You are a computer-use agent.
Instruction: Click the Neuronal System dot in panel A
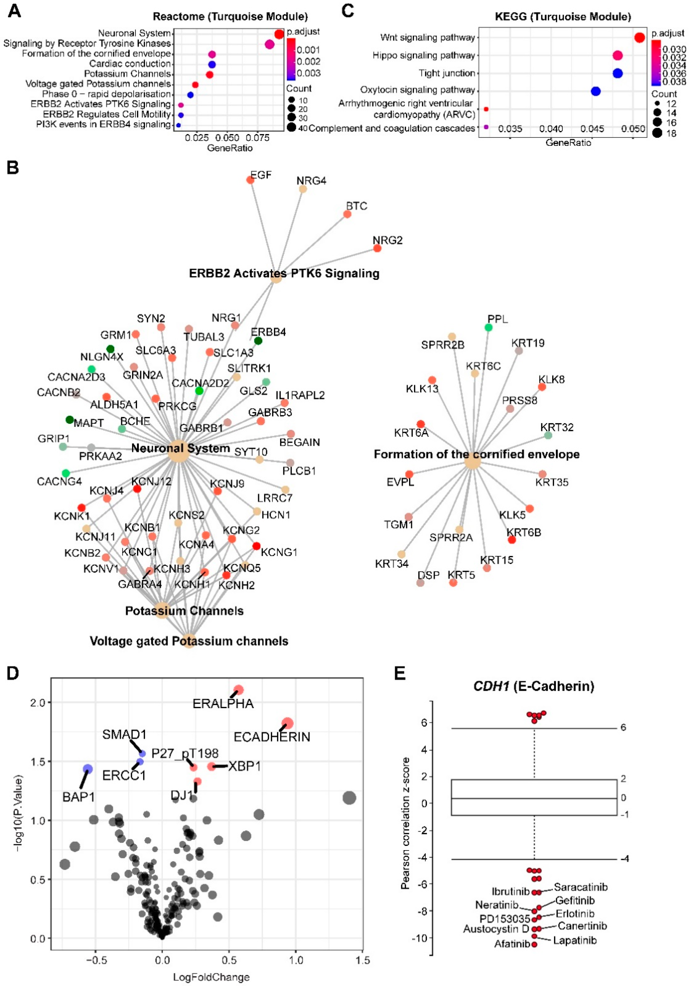click(279, 34)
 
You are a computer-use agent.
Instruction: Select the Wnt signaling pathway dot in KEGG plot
click(639, 38)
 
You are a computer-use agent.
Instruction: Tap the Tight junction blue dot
click(617, 73)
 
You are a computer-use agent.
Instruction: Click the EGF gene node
click(250, 180)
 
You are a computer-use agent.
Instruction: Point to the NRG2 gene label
click(388, 240)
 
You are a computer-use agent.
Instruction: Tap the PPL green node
click(489, 328)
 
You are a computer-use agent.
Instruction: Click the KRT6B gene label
click(524, 532)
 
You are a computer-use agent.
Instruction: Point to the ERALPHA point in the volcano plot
click(238, 690)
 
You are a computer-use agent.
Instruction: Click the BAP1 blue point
click(88, 769)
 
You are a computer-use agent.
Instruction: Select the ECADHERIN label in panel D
click(272, 737)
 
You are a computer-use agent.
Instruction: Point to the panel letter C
click(348, 10)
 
